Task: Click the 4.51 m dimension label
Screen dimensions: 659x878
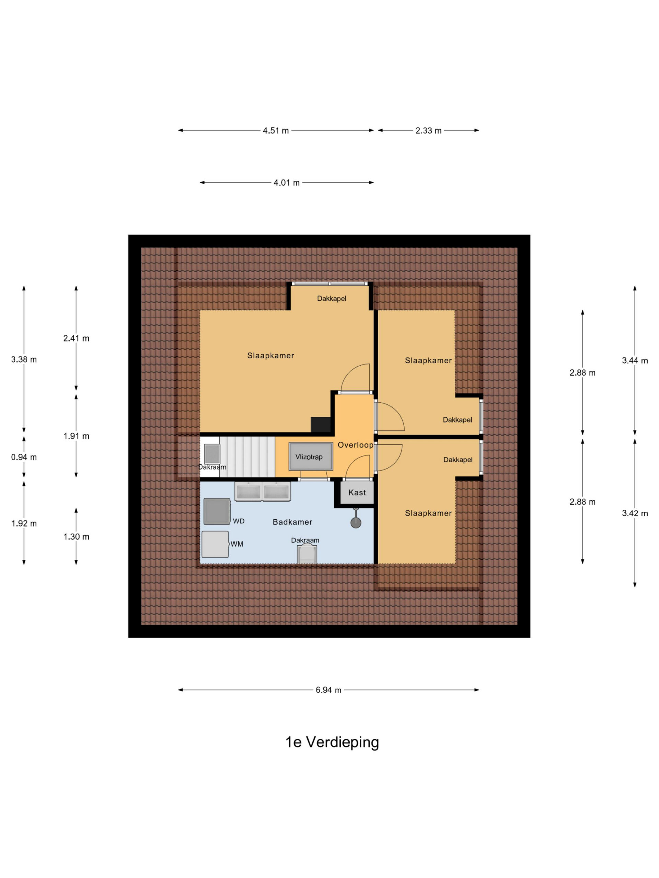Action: coord(276,131)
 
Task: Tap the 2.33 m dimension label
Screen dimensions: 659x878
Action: coord(428,131)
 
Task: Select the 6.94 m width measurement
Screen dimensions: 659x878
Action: coord(328,690)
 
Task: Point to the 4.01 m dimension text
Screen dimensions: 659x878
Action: coord(286,183)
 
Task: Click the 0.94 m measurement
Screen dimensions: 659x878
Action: coord(24,457)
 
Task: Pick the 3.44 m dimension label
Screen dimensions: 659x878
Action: coord(635,361)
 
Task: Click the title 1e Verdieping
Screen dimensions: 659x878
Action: coord(332,742)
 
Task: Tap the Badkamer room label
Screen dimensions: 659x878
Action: coord(292,522)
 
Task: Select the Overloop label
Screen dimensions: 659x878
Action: coord(356,445)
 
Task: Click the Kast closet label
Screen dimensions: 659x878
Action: coord(357,493)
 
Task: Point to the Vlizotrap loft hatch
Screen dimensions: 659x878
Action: coord(311,456)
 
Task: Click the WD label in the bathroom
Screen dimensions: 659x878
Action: coord(239,521)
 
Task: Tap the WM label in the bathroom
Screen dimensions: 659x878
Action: coord(237,544)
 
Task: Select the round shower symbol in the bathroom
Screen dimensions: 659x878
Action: coord(356,522)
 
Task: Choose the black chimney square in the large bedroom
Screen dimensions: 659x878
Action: coord(321,425)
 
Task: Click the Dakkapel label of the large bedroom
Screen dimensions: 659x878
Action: coord(331,298)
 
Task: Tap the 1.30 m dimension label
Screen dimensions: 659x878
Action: coord(76,537)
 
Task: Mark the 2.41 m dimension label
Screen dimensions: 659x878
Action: coord(76,339)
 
